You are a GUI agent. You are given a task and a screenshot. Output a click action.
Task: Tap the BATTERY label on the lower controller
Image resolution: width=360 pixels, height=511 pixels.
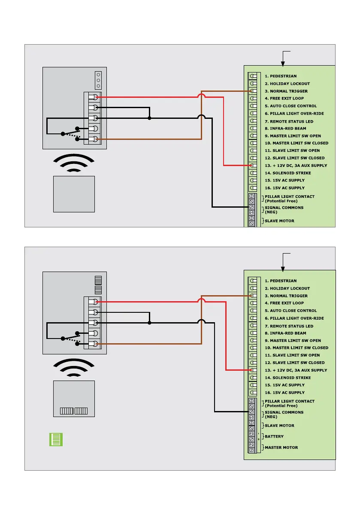point(274,436)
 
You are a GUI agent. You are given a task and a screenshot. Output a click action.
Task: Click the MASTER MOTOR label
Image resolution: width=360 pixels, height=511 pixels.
point(281,448)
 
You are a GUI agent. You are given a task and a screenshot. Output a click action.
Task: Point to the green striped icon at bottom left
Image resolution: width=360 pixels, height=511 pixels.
point(56,439)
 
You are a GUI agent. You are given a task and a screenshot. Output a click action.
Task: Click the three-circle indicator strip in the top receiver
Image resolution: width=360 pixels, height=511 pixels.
point(98,80)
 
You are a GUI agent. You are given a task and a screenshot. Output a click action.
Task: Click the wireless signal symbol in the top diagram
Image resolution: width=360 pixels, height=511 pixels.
point(74,163)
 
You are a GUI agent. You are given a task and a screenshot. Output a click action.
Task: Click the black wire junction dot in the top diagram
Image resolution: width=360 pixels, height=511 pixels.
point(150,118)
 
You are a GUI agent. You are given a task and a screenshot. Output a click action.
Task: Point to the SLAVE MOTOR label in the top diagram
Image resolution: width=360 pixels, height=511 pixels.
point(279,221)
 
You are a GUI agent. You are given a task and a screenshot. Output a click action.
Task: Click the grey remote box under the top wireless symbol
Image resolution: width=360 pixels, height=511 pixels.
point(74,194)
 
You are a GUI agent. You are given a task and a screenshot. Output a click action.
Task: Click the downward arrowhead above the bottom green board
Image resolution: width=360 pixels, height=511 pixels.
point(283,269)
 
